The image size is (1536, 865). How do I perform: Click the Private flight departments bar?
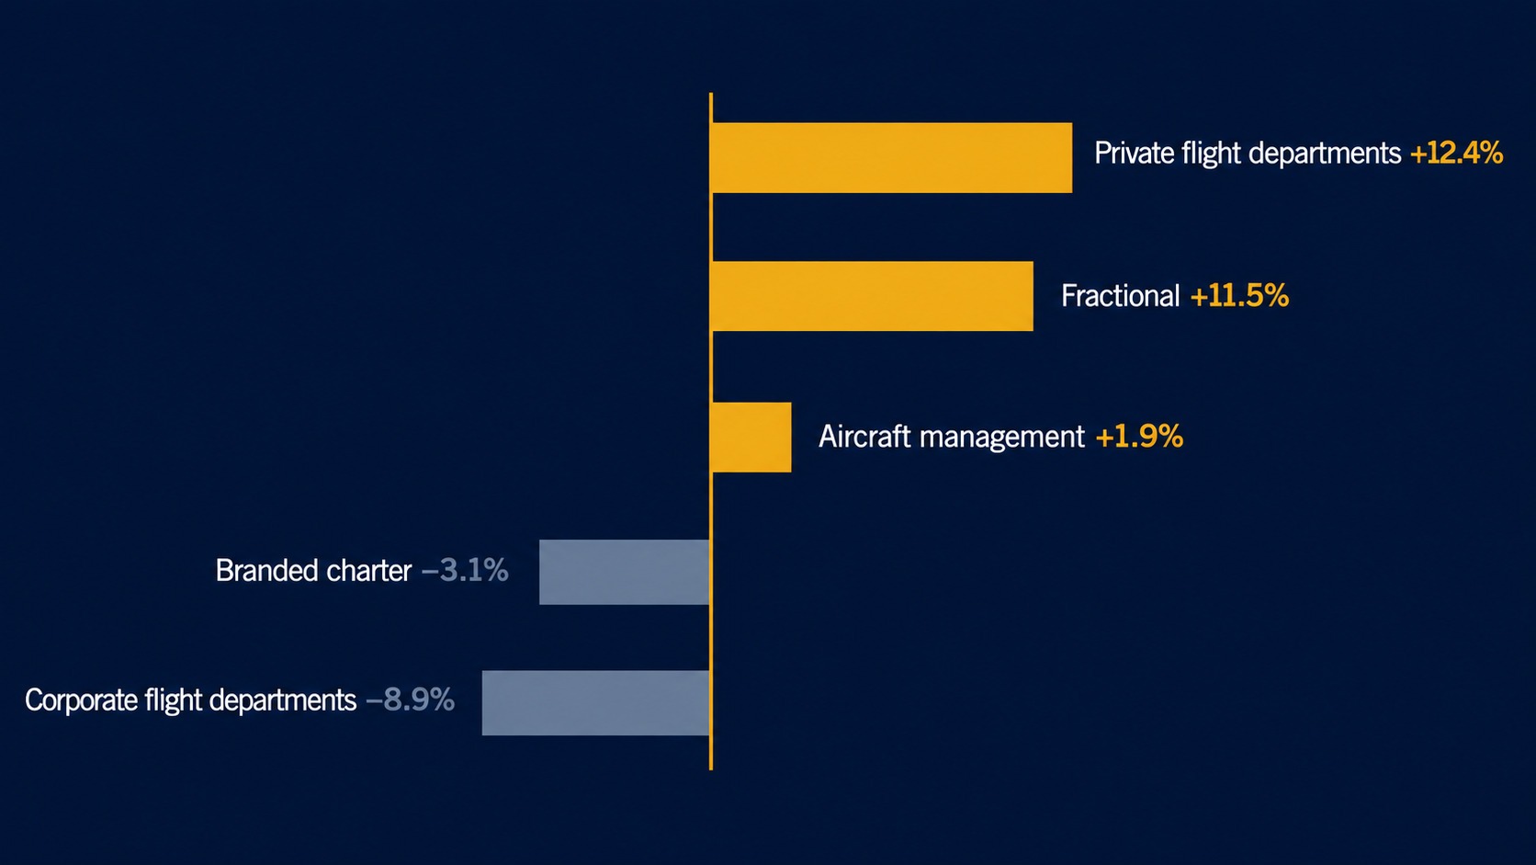point(892,158)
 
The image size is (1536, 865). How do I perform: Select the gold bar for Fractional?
point(873,296)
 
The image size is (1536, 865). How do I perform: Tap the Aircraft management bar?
point(751,438)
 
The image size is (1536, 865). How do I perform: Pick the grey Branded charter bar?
point(625,572)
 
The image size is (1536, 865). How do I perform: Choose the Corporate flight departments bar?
point(596,703)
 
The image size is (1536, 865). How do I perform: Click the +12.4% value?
point(1456,153)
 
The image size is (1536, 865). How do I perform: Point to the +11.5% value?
point(1240,296)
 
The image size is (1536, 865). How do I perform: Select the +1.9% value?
point(1140,437)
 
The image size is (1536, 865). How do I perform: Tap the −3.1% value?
point(465,570)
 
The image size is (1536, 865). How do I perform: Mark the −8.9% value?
point(410,700)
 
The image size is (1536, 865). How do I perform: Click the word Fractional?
point(1121,296)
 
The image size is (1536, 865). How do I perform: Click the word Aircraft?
point(865,437)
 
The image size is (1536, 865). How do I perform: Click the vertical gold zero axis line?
point(711,431)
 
